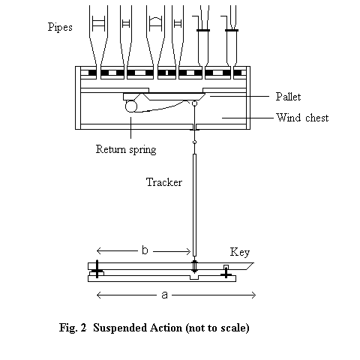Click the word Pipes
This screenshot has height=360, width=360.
tap(60, 27)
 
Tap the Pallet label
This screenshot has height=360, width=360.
tap(288, 97)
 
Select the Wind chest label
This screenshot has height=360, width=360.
tap(302, 118)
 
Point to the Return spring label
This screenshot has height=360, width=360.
tap(126, 149)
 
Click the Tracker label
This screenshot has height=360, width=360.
tap(164, 182)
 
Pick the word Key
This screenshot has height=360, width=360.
tap(240, 252)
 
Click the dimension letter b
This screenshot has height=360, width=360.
tap(145, 250)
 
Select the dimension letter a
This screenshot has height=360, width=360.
tap(164, 295)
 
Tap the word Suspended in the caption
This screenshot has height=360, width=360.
tap(120, 328)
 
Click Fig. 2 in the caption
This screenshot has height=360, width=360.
tap(73, 328)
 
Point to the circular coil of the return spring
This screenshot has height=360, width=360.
tap(131, 106)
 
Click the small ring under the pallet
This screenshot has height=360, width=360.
tap(194, 103)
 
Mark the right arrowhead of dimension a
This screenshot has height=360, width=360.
tap(253, 295)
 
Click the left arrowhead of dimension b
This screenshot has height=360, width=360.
tap(99, 250)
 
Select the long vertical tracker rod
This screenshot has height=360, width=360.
tap(194, 205)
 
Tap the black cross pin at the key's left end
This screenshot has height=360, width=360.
tap(97, 269)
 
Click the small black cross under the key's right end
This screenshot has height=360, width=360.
tap(226, 274)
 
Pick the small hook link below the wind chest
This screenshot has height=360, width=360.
tap(194, 142)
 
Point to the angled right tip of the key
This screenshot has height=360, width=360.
tap(253, 263)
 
